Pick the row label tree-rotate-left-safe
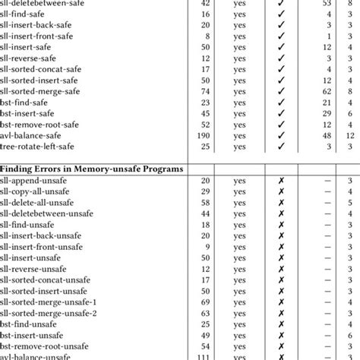(x=47, y=146)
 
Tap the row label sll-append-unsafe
(x=39, y=181)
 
